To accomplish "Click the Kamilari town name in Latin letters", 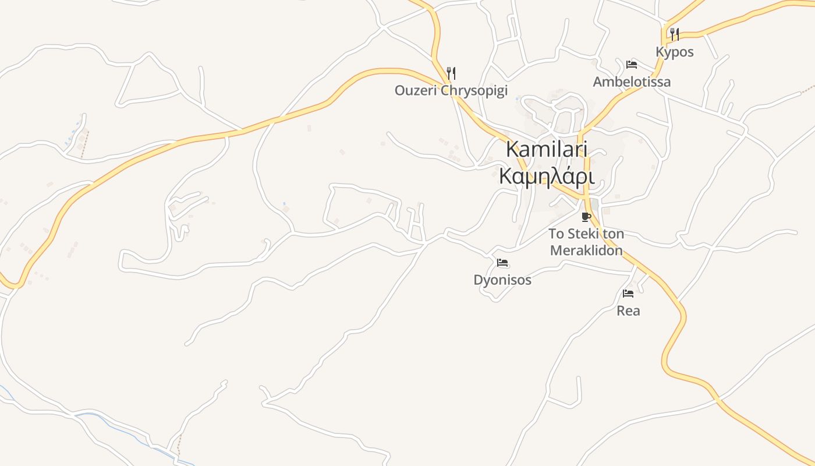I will [547, 149].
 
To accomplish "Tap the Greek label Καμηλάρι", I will [547, 176].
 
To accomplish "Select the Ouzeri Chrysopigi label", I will [451, 90].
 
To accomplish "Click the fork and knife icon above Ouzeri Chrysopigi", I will [451, 73].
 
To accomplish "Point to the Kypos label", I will [675, 52].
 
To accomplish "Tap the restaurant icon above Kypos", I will [674, 34].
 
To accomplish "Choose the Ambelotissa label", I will [632, 82].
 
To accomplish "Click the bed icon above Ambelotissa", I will [632, 64].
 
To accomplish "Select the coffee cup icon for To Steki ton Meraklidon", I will [586, 217].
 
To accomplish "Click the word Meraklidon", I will [586, 251].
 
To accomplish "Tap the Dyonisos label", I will [502, 280].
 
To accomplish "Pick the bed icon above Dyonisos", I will [502, 263].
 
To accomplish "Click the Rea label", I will [628, 311].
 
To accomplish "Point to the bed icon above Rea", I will [628, 293].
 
